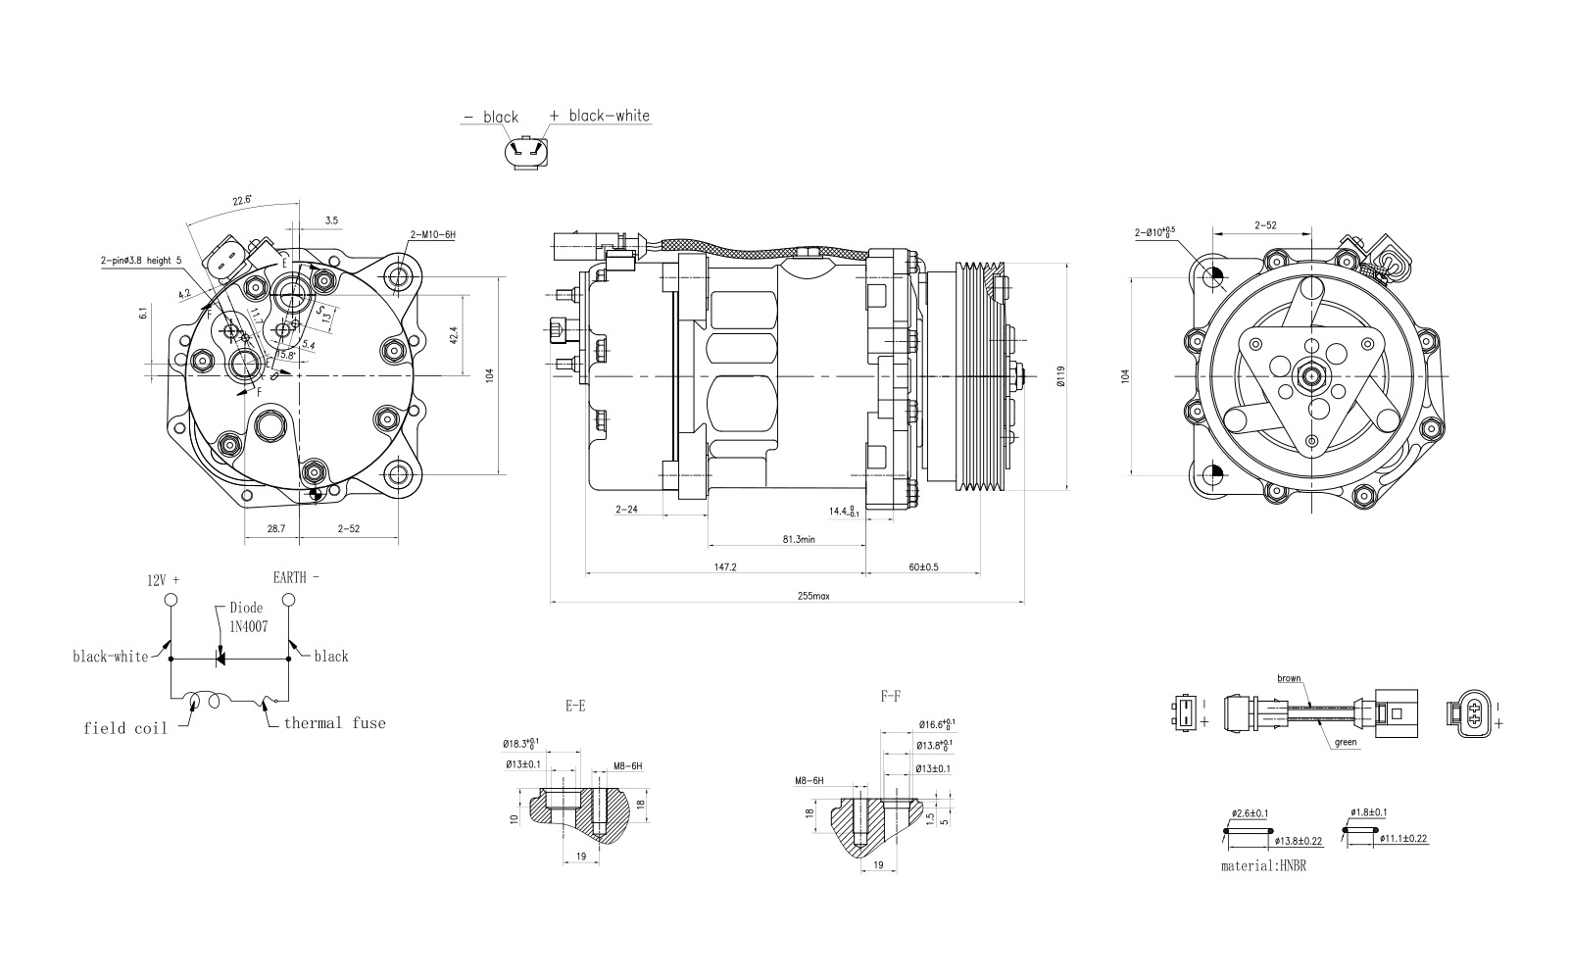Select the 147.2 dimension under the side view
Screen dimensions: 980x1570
pos(725,566)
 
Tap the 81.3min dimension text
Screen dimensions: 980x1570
pos(799,539)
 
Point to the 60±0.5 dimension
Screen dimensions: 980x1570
pos(922,566)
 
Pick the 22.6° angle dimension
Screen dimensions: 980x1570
pos(241,200)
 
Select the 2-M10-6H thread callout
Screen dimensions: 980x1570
pos(433,234)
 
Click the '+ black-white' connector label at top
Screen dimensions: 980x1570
pos(599,115)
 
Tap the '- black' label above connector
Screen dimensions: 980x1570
pos(491,117)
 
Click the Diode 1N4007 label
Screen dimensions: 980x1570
pos(247,616)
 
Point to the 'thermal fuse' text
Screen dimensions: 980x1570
pos(334,723)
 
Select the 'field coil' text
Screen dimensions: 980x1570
pos(125,727)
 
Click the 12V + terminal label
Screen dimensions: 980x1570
pos(164,578)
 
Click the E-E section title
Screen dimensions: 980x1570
pos(574,705)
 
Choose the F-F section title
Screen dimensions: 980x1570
pos(890,696)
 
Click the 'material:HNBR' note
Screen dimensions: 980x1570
pos(1263,866)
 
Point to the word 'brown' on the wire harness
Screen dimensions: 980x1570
pos(1289,678)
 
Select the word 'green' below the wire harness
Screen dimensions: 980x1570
pos(1346,742)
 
